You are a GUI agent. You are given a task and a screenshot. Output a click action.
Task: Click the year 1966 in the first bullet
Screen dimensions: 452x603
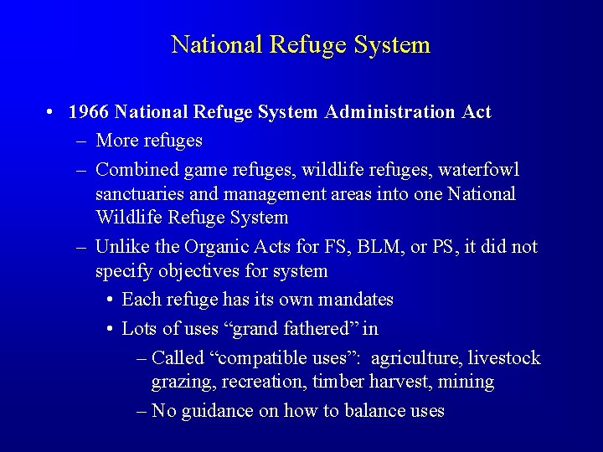(89, 111)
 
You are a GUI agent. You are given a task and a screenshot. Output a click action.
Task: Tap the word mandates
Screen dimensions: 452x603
(355, 300)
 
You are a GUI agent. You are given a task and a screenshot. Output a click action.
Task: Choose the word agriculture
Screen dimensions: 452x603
(415, 358)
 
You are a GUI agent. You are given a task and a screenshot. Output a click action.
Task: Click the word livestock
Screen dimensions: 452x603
(504, 358)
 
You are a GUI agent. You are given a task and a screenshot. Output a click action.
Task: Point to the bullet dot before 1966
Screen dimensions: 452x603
(52, 111)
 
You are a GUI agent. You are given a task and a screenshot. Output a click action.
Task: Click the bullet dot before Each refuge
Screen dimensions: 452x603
(111, 300)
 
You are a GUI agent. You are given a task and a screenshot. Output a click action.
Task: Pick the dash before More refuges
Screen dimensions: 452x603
(81, 141)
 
